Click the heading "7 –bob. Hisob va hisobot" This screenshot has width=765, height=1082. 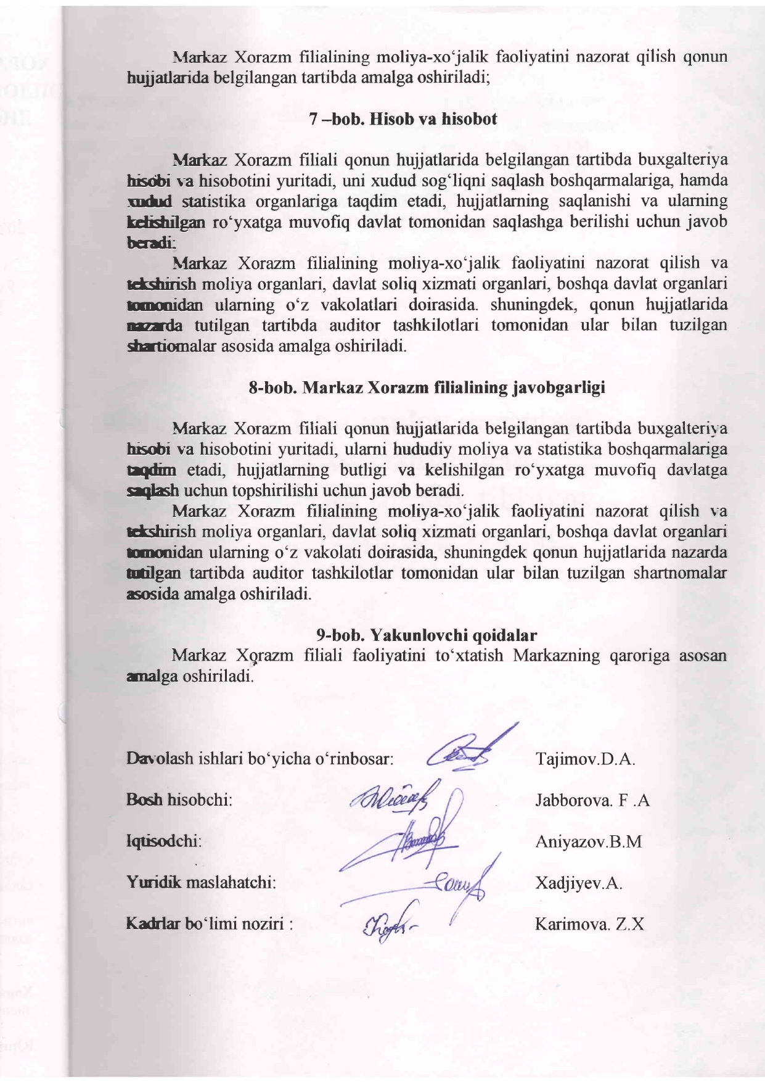click(403, 119)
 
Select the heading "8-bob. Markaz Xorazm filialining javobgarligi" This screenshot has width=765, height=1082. click(427, 387)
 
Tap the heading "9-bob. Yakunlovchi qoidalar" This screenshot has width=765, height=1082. click(427, 635)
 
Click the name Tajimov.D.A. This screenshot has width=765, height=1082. click(585, 758)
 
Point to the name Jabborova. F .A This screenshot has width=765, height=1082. click(592, 801)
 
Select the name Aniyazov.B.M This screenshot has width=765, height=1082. click(588, 841)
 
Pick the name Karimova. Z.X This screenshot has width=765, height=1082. click(589, 924)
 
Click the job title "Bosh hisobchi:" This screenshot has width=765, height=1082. click(179, 800)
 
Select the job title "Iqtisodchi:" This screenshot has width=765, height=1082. click(164, 841)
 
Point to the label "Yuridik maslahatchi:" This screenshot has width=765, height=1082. click(200, 882)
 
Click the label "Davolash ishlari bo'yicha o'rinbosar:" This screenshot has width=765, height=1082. click(260, 758)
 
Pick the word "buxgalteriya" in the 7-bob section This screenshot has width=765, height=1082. click(682, 160)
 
